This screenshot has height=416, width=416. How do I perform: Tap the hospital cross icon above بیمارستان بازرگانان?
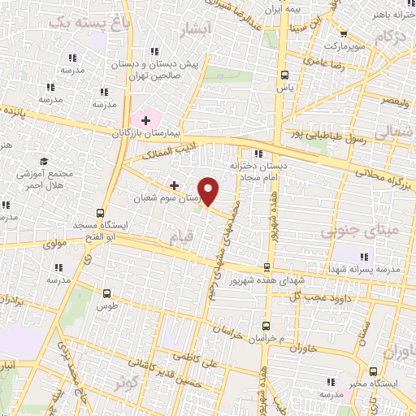(x=145, y=120)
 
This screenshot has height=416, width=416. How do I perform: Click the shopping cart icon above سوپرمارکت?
(x=344, y=34)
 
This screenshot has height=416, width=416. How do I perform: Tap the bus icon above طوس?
(x=106, y=293)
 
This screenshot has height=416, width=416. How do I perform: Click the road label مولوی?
(x=60, y=243)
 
